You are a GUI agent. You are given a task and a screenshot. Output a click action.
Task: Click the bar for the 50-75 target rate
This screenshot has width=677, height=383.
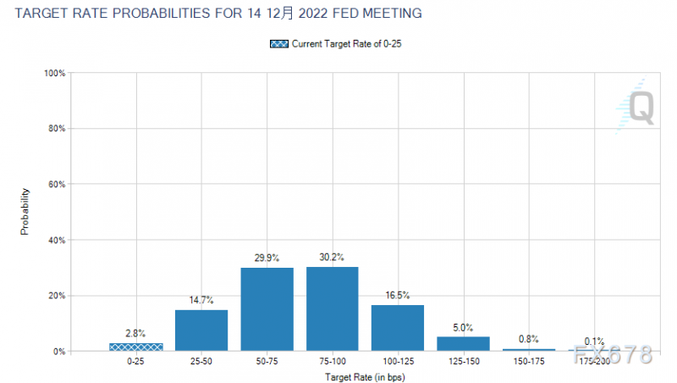(267, 309)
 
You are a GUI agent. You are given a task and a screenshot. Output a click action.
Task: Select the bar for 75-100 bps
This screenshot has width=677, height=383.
(332, 308)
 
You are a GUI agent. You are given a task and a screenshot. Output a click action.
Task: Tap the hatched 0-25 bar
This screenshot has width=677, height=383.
(136, 347)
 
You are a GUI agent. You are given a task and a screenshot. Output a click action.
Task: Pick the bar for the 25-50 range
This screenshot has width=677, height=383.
(201, 330)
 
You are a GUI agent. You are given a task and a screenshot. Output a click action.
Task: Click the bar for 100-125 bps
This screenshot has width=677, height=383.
(398, 328)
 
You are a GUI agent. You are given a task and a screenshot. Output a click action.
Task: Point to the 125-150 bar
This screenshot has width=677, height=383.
(463, 343)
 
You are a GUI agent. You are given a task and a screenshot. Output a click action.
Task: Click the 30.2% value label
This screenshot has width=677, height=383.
(332, 257)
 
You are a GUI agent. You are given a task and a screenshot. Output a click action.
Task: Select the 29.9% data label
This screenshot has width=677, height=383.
(267, 258)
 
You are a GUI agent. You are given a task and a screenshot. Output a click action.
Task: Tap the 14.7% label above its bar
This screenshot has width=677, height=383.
(201, 300)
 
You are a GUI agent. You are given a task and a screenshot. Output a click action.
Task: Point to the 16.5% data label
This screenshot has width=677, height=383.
(398, 295)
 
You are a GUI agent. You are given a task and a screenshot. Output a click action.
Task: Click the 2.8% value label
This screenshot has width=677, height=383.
(136, 333)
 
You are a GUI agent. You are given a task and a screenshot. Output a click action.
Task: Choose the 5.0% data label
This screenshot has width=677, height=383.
(463, 327)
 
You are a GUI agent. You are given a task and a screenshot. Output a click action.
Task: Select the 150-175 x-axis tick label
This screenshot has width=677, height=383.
(528, 362)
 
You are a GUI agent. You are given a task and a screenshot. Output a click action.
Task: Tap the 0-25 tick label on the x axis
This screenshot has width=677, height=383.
(136, 362)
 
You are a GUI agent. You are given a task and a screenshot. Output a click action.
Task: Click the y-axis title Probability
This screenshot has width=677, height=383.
(25, 212)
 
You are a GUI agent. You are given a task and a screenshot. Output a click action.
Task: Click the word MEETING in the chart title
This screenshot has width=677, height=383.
(389, 14)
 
